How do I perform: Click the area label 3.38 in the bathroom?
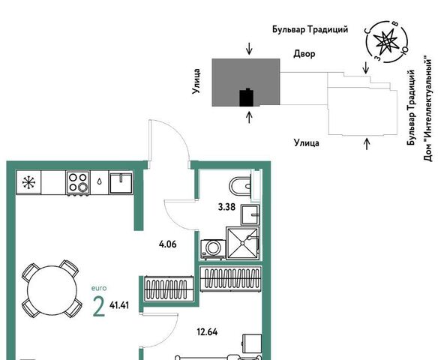click(226, 207)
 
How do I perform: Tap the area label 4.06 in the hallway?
click(168, 244)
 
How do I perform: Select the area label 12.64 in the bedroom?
click(207, 332)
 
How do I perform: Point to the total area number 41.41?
click(119, 305)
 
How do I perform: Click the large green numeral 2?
click(99, 307)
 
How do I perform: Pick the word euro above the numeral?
click(99, 288)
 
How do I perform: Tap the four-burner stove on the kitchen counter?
click(78, 183)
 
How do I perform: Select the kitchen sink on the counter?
click(121, 183)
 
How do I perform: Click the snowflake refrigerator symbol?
click(28, 182)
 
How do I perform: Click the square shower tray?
click(243, 243)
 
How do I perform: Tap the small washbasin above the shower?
click(250, 214)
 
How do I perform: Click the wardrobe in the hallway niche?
click(231, 279)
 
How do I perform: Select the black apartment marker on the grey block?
click(247, 97)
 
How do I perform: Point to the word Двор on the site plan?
click(304, 54)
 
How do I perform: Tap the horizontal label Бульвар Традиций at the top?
click(310, 29)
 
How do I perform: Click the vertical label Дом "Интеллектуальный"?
click(428, 109)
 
